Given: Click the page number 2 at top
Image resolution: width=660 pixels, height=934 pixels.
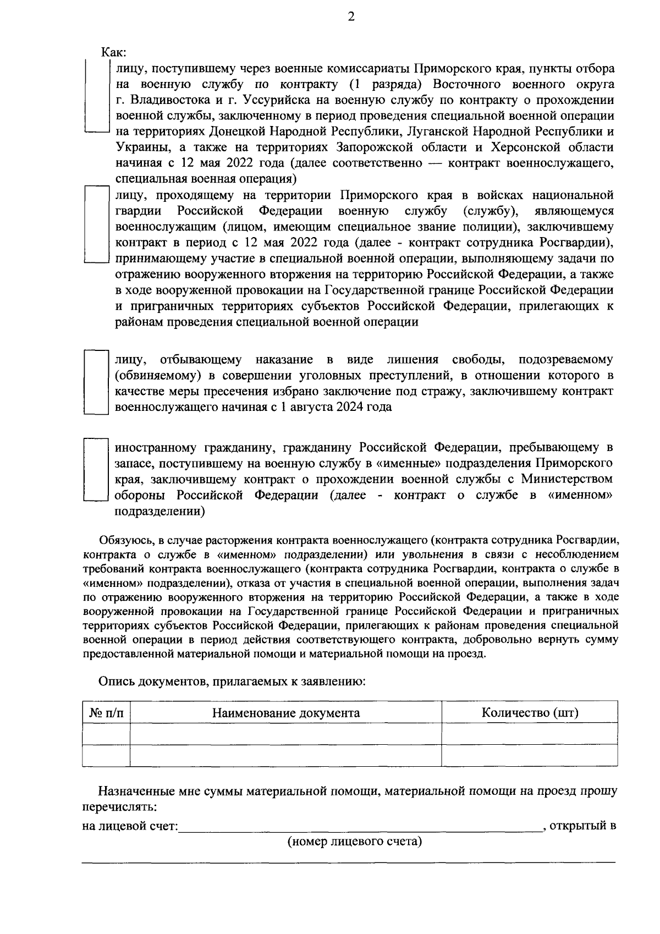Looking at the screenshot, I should [x=351, y=17].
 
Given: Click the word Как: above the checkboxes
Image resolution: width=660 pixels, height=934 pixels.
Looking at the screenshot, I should [x=114, y=53].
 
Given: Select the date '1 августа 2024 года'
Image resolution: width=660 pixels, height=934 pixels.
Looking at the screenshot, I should [x=339, y=408].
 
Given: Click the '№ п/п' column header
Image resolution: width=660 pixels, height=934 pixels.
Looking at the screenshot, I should [x=106, y=713].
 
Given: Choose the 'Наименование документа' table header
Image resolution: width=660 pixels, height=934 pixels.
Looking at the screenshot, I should [x=286, y=713].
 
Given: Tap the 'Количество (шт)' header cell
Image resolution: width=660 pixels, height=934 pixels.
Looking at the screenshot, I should [x=530, y=713].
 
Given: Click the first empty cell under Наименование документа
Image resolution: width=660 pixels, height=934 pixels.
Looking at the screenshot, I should [x=286, y=734].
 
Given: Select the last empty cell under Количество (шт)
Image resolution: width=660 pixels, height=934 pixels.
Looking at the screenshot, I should [x=530, y=755].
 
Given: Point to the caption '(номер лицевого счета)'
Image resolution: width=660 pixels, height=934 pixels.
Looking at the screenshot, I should [x=355, y=842].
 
